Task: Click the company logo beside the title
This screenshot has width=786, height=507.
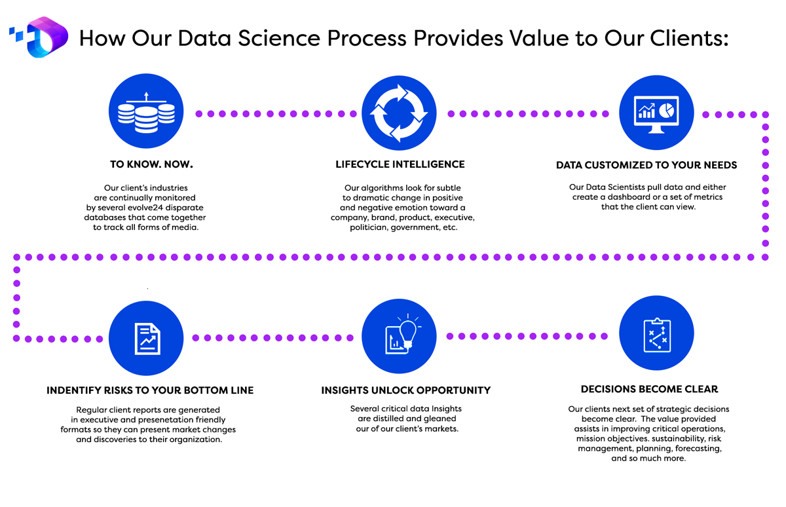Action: [39, 37]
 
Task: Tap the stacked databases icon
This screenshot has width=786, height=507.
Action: [146, 111]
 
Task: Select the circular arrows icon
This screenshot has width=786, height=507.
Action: [399, 113]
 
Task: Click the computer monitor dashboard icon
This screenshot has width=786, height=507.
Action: [656, 112]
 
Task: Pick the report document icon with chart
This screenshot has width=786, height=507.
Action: [146, 338]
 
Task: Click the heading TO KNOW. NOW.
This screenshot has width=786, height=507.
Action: [151, 164]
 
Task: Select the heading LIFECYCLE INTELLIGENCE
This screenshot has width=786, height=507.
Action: [400, 164]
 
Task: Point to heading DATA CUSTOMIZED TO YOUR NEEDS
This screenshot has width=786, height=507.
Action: [646, 165]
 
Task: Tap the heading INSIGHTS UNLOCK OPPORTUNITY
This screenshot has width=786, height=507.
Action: [406, 390]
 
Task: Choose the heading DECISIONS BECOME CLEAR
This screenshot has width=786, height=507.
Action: [650, 389]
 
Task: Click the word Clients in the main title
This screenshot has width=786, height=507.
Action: [689, 38]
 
